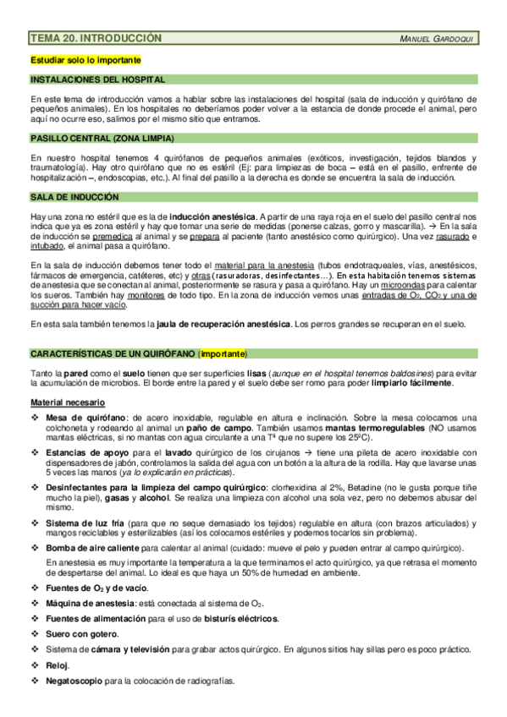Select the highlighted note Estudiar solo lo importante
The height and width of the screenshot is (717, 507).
click(85, 60)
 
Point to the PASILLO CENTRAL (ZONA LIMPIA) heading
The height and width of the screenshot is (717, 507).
click(102, 137)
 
